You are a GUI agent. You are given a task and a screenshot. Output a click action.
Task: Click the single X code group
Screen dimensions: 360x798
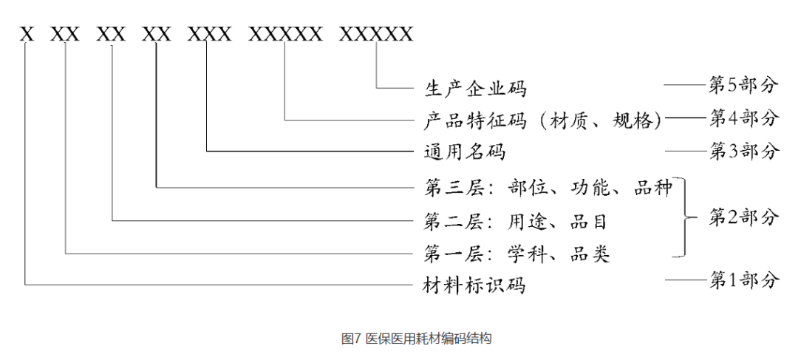(x=27, y=34)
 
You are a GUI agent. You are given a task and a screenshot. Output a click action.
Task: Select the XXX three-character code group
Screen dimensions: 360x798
(x=209, y=34)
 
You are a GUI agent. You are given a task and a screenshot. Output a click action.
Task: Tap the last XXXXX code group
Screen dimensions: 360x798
(x=376, y=34)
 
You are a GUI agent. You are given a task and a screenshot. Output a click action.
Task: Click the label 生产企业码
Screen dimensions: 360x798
(x=475, y=88)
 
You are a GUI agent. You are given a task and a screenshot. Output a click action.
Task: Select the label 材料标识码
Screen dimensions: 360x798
(x=475, y=284)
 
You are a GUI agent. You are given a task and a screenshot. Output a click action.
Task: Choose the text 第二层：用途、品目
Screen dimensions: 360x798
(x=516, y=220)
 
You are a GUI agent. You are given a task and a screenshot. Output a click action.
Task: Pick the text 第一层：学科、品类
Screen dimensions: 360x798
(x=516, y=254)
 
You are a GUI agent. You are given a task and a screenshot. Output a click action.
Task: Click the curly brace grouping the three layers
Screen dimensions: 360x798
(x=688, y=218)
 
